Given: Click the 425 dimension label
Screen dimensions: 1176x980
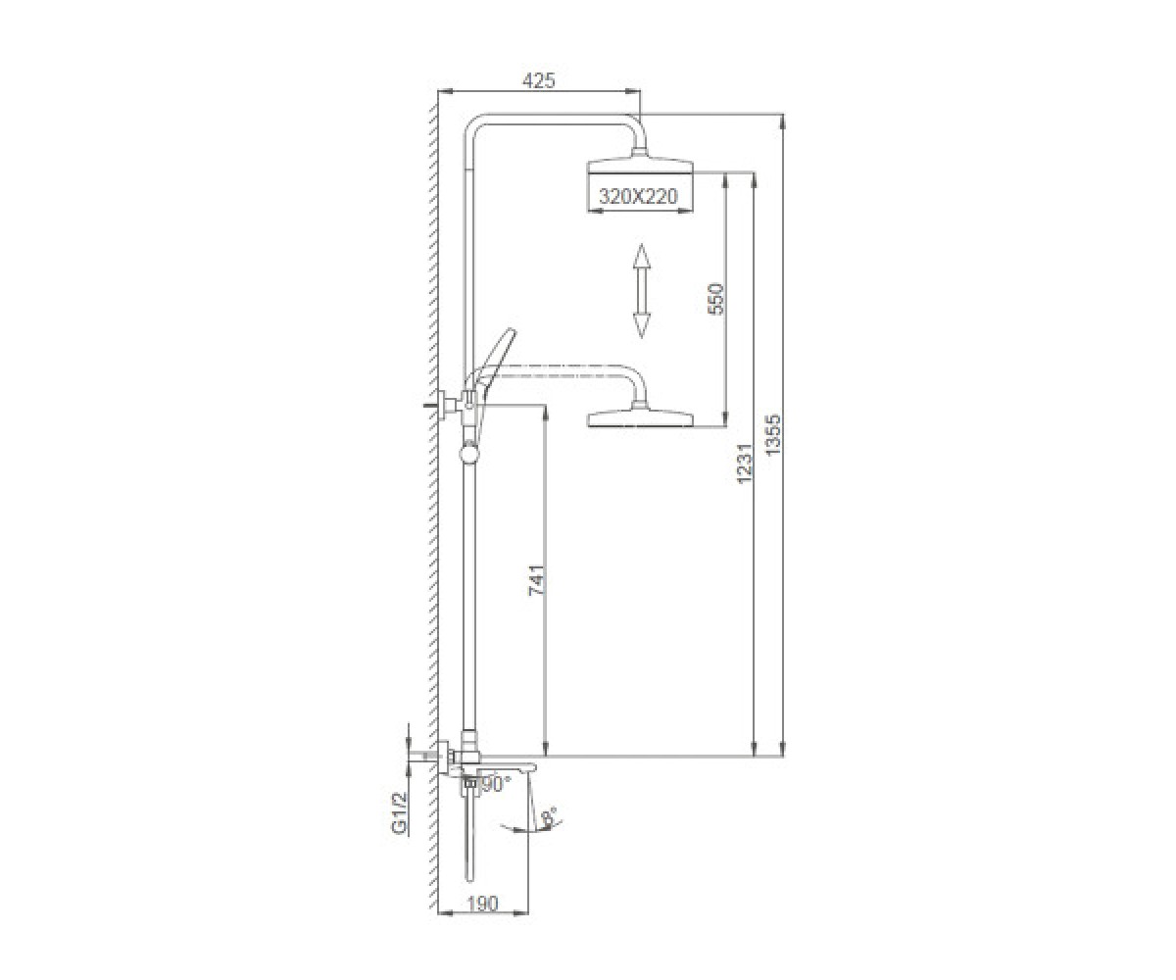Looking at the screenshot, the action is tap(538, 81).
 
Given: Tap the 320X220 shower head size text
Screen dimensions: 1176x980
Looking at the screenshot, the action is tap(638, 197).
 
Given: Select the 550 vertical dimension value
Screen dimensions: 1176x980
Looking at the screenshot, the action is tap(714, 299).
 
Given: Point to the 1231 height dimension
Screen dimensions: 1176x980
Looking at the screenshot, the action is tap(744, 463).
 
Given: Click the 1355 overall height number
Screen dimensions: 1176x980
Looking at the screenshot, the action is tap(773, 435).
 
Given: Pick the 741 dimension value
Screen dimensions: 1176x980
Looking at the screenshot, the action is tap(537, 580).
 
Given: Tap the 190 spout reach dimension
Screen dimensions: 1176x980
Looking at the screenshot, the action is tap(483, 919).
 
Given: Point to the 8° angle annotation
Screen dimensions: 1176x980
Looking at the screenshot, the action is tap(549, 817).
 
